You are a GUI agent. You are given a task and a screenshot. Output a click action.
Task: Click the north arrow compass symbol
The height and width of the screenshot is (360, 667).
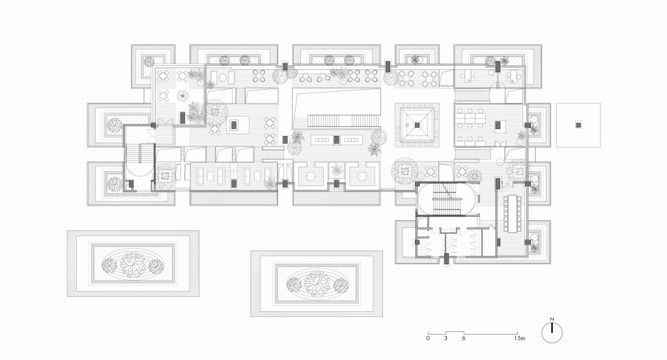click(552, 332)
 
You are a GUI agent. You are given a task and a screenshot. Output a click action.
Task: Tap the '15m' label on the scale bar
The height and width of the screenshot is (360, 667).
click(518, 339)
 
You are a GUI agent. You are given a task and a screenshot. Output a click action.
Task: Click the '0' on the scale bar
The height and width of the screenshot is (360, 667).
click(428, 339)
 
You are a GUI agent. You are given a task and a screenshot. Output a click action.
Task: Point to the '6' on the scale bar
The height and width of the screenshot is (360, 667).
click(463, 339)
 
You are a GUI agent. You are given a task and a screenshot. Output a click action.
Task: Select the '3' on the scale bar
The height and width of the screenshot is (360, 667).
click(446, 339)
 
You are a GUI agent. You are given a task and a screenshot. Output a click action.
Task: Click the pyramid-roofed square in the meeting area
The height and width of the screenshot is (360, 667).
click(416, 126)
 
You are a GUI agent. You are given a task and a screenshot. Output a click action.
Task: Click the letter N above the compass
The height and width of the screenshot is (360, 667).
click(552, 320)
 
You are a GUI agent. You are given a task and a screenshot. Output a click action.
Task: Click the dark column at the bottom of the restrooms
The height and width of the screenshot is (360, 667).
click(446, 260)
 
